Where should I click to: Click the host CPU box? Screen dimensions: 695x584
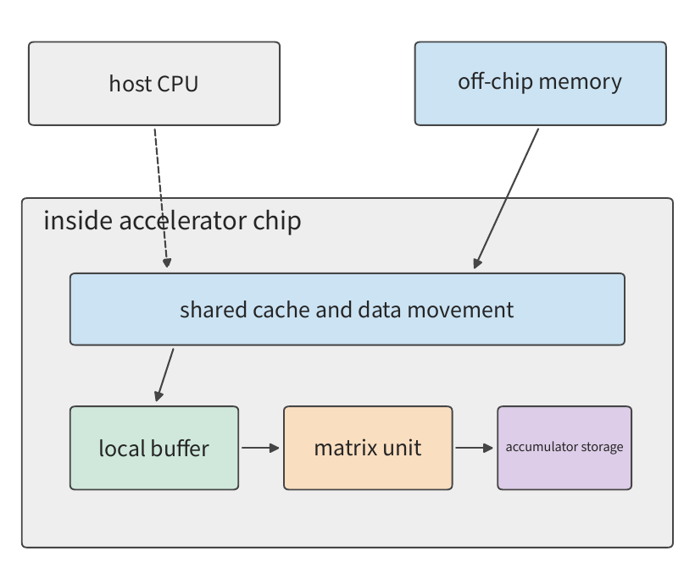[x=154, y=84]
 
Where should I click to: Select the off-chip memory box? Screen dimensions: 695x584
[x=540, y=84]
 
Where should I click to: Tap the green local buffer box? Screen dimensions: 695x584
[x=154, y=448]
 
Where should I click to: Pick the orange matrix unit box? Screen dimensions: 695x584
[x=368, y=448]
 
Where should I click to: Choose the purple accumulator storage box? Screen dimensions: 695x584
[x=564, y=448]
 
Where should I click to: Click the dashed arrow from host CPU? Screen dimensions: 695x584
[x=161, y=198]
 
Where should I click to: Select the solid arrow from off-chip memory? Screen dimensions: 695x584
[x=506, y=198]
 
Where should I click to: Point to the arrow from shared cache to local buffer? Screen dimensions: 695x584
[x=164, y=375]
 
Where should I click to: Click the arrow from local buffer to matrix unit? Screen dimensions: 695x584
[x=261, y=448]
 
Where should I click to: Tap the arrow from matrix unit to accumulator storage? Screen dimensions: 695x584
[x=475, y=448]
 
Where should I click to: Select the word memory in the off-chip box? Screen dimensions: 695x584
[x=581, y=82]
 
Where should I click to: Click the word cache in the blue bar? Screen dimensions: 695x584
[x=281, y=310]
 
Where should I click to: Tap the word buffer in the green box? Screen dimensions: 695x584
[x=180, y=448]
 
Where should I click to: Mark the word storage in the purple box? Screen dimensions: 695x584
[x=602, y=447]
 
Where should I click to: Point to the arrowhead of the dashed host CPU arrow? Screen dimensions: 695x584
[x=167, y=263]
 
